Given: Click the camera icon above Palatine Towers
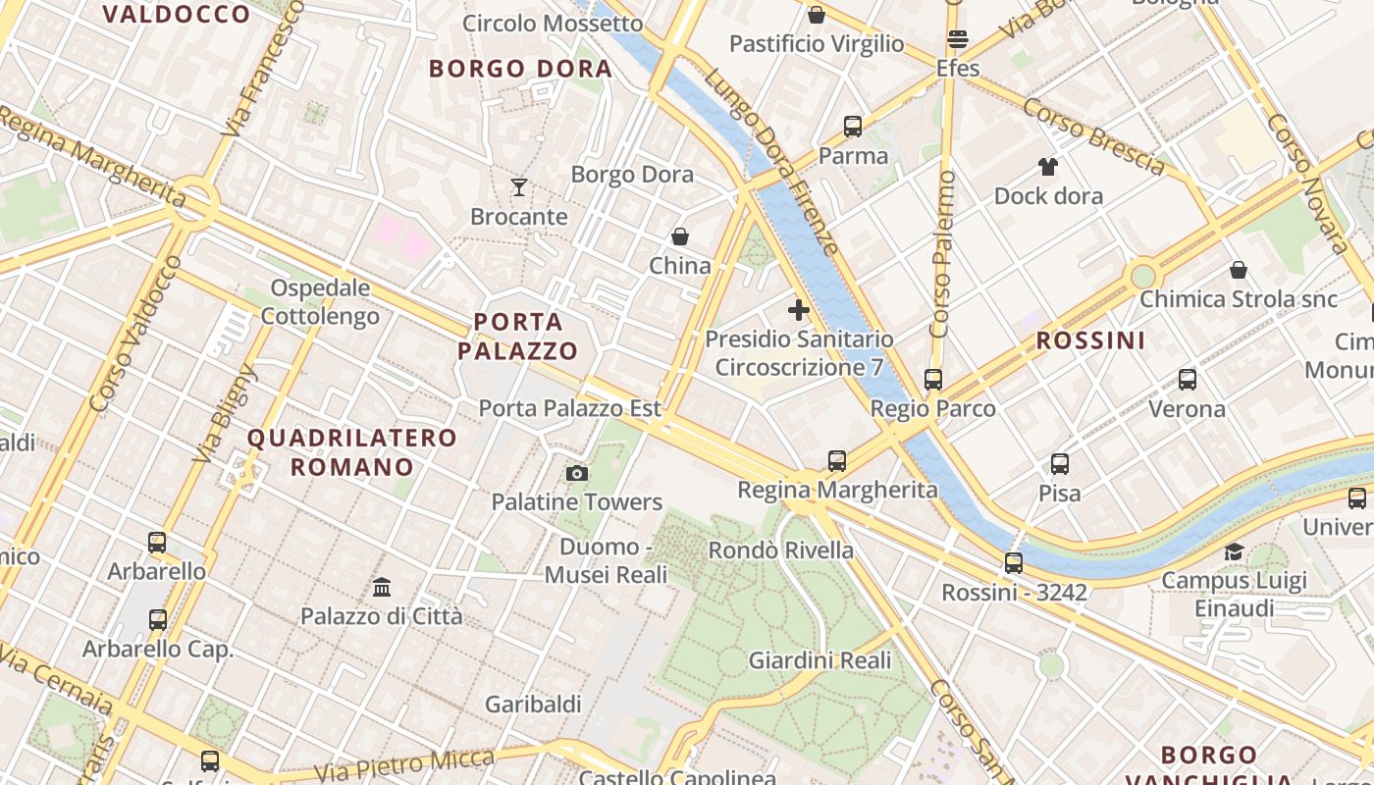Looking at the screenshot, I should (577, 474).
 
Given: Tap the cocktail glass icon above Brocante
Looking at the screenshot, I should (519, 186).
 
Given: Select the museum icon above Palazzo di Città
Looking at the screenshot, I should (382, 588).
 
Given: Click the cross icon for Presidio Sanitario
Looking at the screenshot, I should (799, 310).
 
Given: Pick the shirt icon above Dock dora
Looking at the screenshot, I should (1048, 167).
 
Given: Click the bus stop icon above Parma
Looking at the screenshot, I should (853, 127).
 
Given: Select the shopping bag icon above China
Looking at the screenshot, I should (679, 236).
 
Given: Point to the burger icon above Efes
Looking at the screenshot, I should (958, 39).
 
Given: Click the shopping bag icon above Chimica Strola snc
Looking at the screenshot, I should (1239, 270).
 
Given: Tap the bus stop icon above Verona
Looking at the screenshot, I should (1188, 380).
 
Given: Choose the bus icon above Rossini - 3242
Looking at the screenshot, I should (1014, 563).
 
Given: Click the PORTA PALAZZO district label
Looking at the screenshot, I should (518, 336).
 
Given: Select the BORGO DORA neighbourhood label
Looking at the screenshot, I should (520, 69).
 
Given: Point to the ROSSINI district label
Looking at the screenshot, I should (1091, 340).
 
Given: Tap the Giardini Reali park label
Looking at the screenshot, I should (819, 660).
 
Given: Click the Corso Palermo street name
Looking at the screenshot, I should (942, 254).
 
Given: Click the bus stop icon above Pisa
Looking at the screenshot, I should (1060, 464).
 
